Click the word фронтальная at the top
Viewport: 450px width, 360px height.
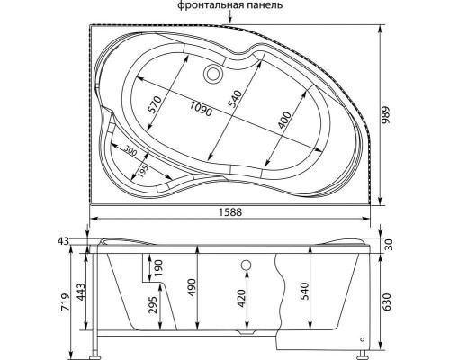click(x=210, y=5)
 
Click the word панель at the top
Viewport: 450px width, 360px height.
click(x=264, y=5)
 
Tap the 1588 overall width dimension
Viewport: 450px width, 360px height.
click(x=230, y=212)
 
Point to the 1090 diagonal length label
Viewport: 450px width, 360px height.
click(x=201, y=108)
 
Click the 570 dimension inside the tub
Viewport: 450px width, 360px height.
click(x=156, y=105)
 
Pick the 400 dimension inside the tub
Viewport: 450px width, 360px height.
click(x=283, y=121)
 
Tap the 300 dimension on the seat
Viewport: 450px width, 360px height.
click(x=130, y=150)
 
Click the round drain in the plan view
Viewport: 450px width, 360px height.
click(x=212, y=73)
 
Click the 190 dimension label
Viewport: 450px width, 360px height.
click(x=158, y=268)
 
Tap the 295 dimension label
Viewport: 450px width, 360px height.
click(x=153, y=305)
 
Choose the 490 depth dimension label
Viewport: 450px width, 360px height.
click(x=191, y=288)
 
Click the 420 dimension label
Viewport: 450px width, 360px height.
click(x=241, y=299)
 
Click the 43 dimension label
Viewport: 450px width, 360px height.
click(x=64, y=241)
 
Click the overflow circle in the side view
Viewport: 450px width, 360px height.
click(x=246, y=265)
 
